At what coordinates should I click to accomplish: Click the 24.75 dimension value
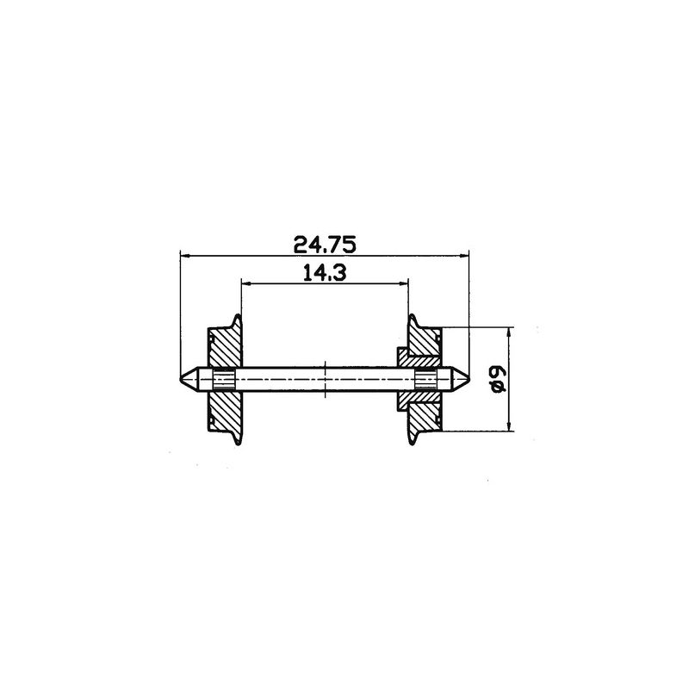point(324,244)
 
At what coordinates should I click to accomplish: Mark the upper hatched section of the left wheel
point(224,349)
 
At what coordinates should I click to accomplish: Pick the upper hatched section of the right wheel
point(424,347)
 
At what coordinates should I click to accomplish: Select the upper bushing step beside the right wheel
point(401,355)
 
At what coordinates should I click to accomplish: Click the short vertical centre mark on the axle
point(324,378)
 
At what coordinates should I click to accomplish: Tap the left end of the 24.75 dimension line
point(180,255)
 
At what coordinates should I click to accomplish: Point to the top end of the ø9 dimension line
point(510,328)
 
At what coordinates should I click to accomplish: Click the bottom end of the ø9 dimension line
point(510,429)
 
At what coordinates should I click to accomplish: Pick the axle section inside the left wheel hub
point(224,378)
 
